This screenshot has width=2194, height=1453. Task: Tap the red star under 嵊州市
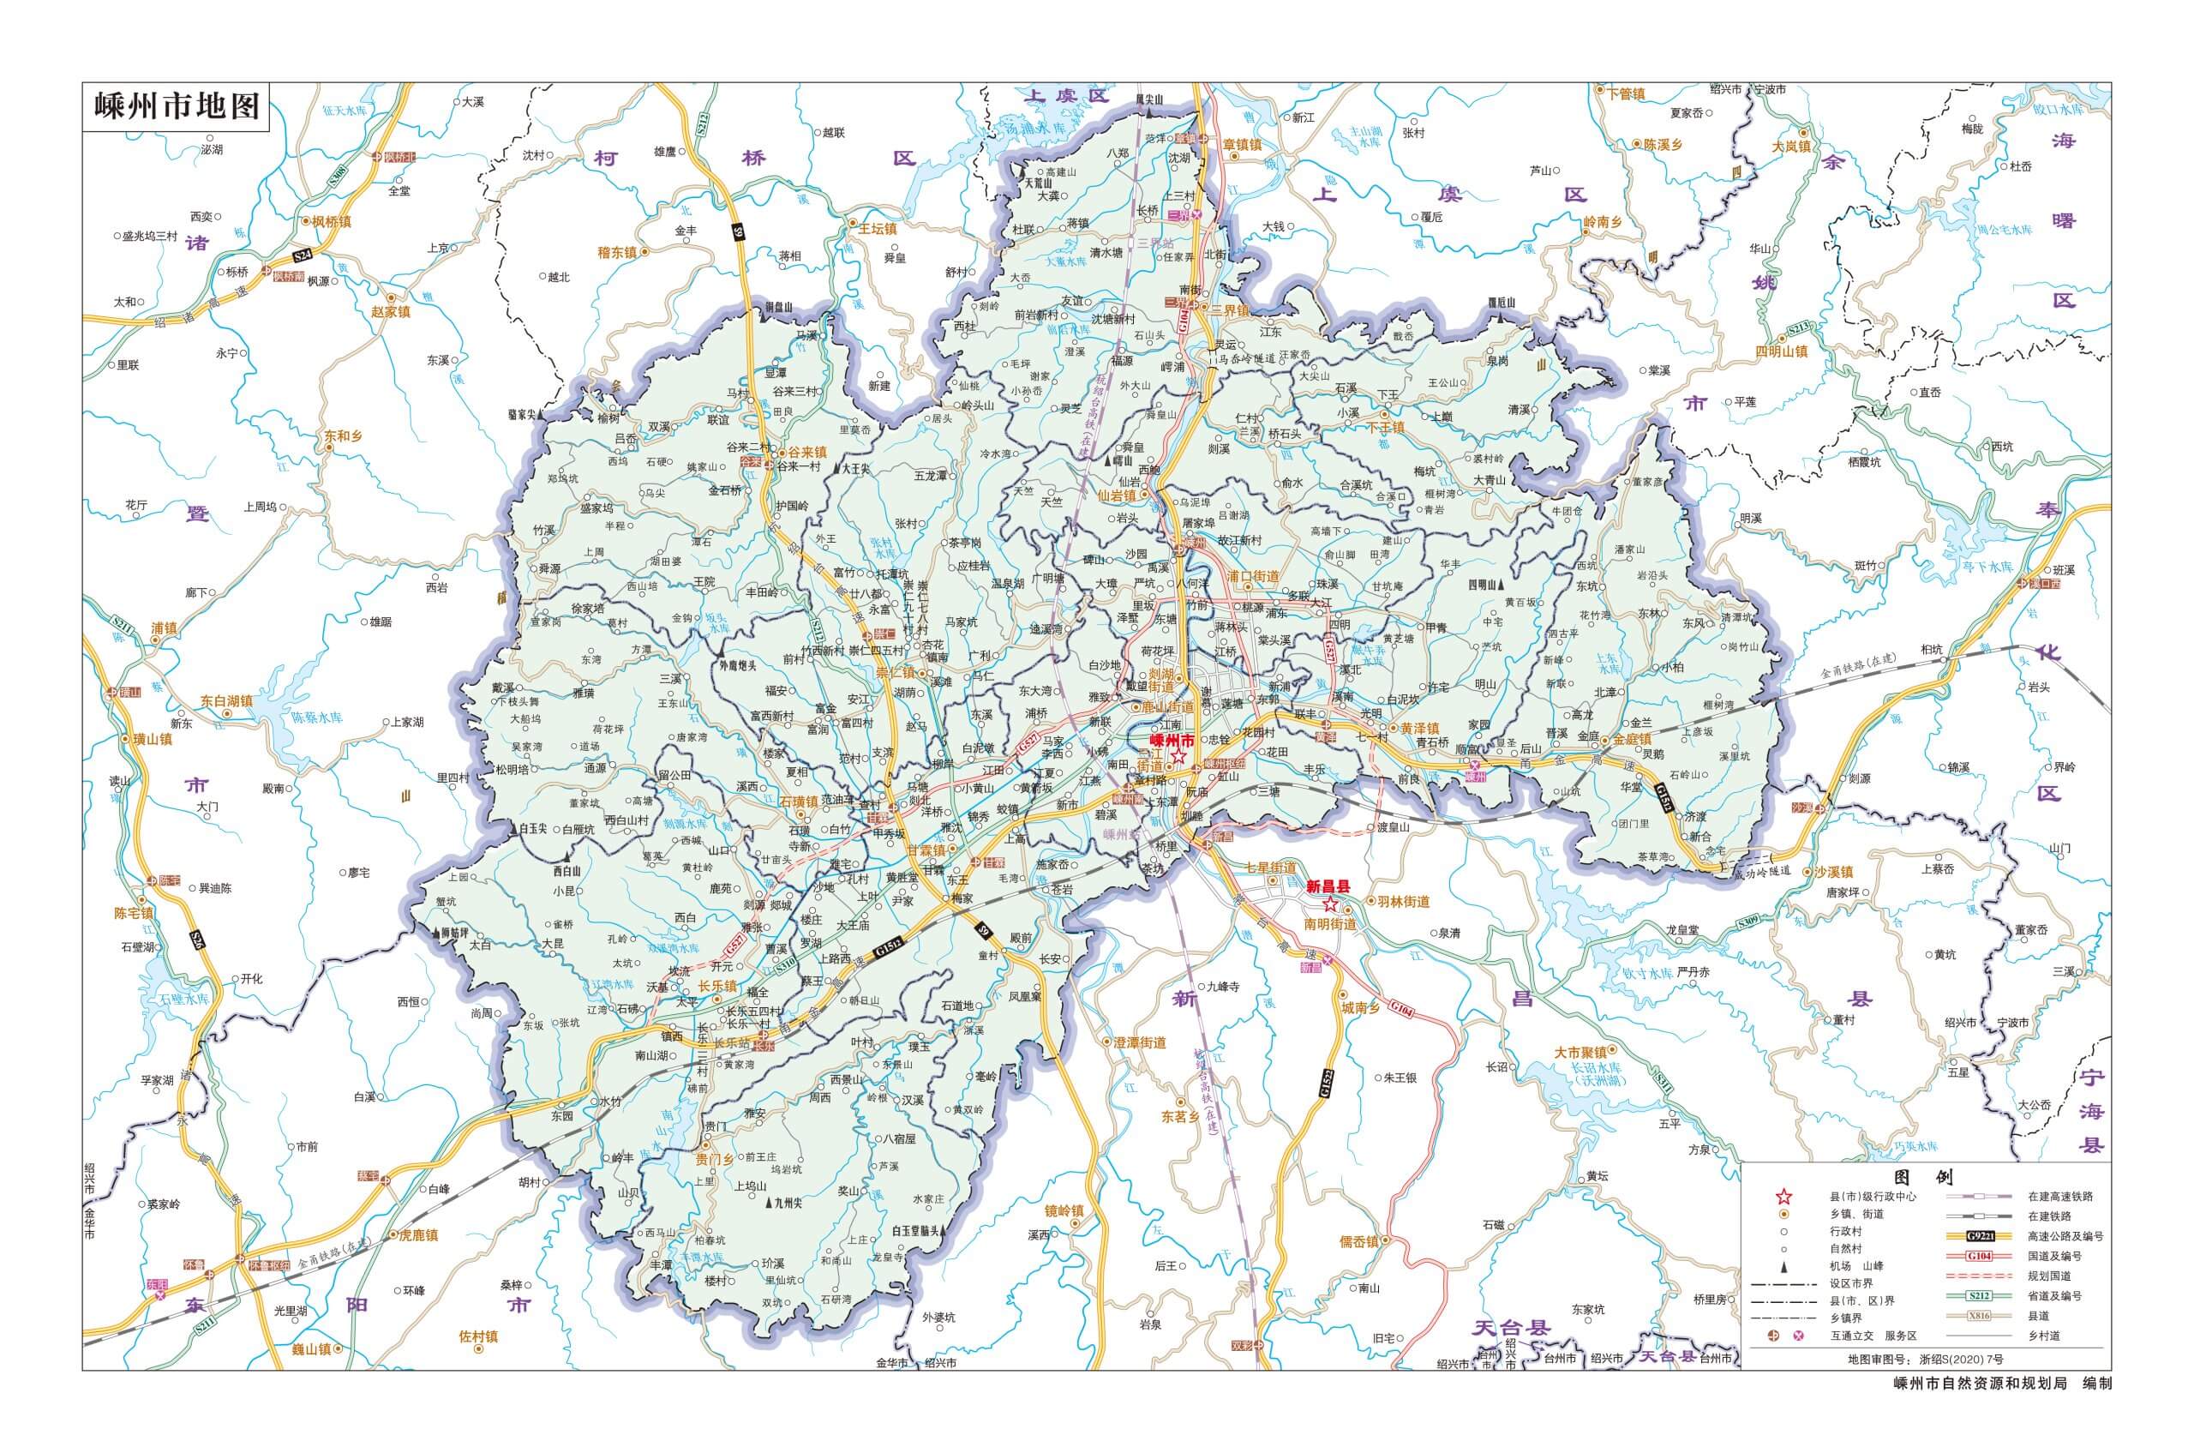[x=1177, y=758]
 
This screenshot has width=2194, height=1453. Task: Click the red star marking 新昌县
[x=1330, y=904]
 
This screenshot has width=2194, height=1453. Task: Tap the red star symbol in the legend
[x=1783, y=1197]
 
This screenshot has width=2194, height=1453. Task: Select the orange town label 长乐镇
[x=717, y=986]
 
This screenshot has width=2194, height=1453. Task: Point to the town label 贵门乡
[x=715, y=1158]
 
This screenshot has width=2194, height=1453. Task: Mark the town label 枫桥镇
[x=331, y=221]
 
